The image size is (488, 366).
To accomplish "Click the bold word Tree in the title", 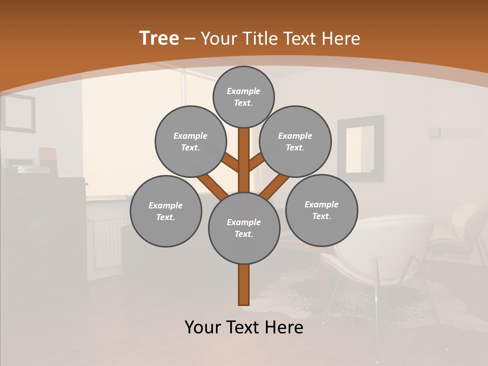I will pyautogui.click(x=159, y=39).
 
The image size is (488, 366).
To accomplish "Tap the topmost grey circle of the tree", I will pyautogui.click(x=243, y=97).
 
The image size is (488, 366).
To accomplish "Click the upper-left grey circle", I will pyautogui.click(x=190, y=141).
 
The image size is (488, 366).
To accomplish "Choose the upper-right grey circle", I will pyautogui.click(x=295, y=141).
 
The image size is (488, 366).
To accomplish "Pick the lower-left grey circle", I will pyautogui.click(x=166, y=211).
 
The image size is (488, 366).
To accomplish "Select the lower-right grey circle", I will pyautogui.click(x=321, y=210).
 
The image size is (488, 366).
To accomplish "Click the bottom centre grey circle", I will pyautogui.click(x=244, y=228).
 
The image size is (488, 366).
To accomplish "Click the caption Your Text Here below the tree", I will pyautogui.click(x=244, y=327).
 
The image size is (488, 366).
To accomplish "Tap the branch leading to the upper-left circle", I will pyautogui.click(x=231, y=163).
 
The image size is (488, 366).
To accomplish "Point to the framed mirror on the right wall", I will pyautogui.click(x=360, y=148).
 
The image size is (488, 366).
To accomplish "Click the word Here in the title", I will pyautogui.click(x=343, y=39).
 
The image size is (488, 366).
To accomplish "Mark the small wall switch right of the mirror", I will pyautogui.click(x=434, y=132).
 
